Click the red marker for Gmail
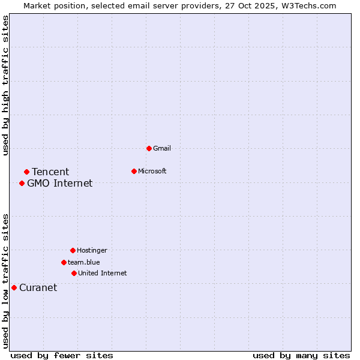149,148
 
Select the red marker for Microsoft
134,171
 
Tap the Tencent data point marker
26,172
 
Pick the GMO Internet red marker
22,183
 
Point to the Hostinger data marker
73,250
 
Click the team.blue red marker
64,262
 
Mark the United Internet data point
74,273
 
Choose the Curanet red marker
14,287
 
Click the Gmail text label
162,148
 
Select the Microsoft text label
152,171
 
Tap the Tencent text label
50,172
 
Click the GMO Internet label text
60,184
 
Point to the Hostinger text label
92,250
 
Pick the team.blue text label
84,262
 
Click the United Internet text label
103,273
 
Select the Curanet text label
38,288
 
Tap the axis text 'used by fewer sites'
62,355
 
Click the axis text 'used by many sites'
301,355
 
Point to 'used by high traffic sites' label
5,85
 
